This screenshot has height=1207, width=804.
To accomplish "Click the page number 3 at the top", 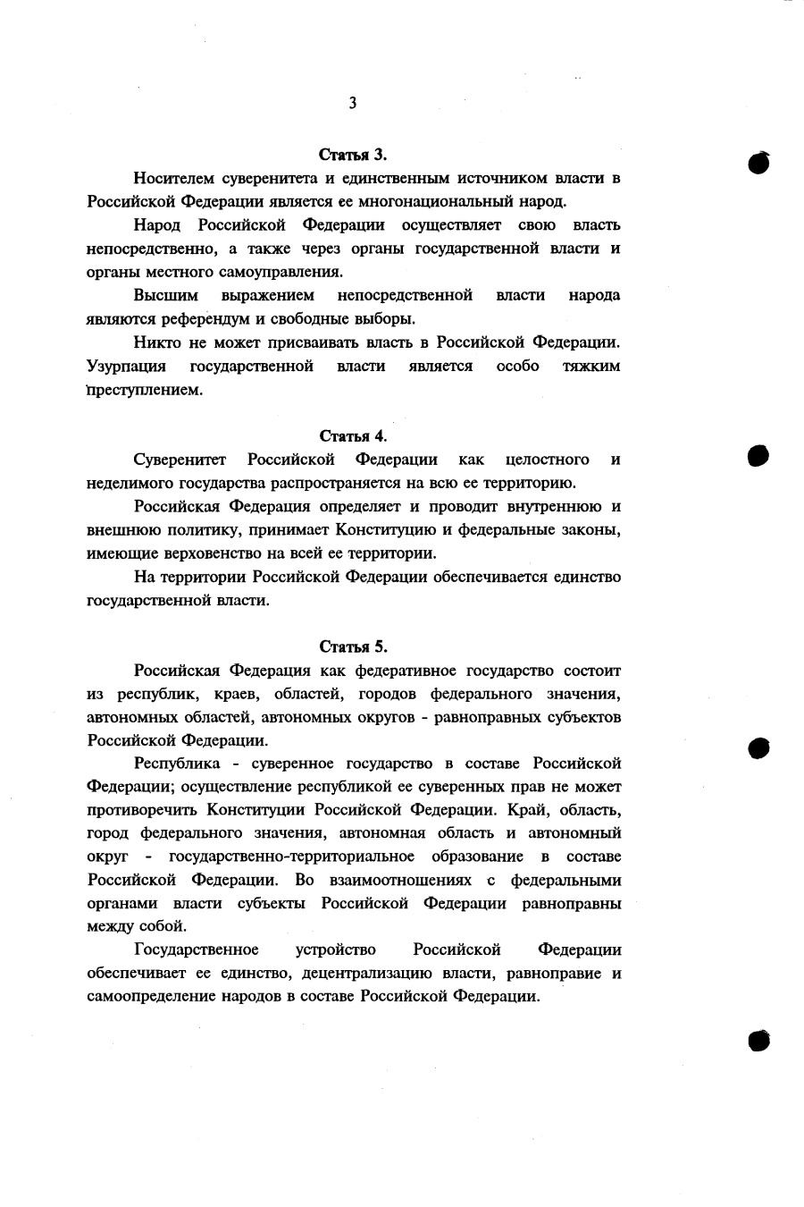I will coord(353,104).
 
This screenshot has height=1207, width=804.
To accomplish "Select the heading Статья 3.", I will coord(353,154).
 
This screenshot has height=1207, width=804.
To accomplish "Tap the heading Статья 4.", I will coord(353,436).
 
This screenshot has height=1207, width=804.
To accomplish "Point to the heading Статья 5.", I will coord(353,646).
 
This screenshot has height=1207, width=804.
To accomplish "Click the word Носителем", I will coord(172,178).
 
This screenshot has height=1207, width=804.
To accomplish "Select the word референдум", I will coord(199,319).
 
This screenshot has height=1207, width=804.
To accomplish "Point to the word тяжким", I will coord(590,367).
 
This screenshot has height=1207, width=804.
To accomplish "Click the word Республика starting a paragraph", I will coord(176,764).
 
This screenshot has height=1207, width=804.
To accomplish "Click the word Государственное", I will coord(196,950).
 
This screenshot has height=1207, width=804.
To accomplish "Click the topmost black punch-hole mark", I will coord(759,163).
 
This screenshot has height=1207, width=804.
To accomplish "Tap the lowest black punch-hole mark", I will coord(759,1040).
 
